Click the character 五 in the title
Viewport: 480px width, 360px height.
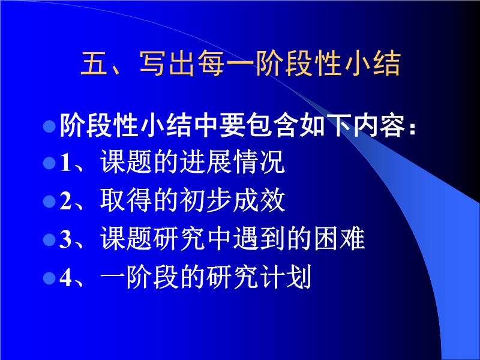[x=94, y=63]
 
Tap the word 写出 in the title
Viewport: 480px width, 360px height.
[x=167, y=63]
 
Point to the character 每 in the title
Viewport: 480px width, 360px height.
[x=211, y=63]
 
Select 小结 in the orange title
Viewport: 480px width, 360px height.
[x=373, y=63]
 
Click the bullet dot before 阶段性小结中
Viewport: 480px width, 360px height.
[x=49, y=126]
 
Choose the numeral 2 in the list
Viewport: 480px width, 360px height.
[x=65, y=201]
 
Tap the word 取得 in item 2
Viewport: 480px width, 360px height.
[x=126, y=200]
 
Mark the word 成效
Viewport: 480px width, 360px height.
[x=259, y=200]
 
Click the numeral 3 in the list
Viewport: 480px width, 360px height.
[x=65, y=239]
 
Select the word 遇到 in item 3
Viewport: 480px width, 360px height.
[x=259, y=238]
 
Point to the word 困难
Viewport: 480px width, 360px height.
[x=339, y=238]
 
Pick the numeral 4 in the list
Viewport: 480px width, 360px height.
[x=65, y=278]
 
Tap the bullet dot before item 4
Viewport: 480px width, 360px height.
[x=49, y=278]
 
